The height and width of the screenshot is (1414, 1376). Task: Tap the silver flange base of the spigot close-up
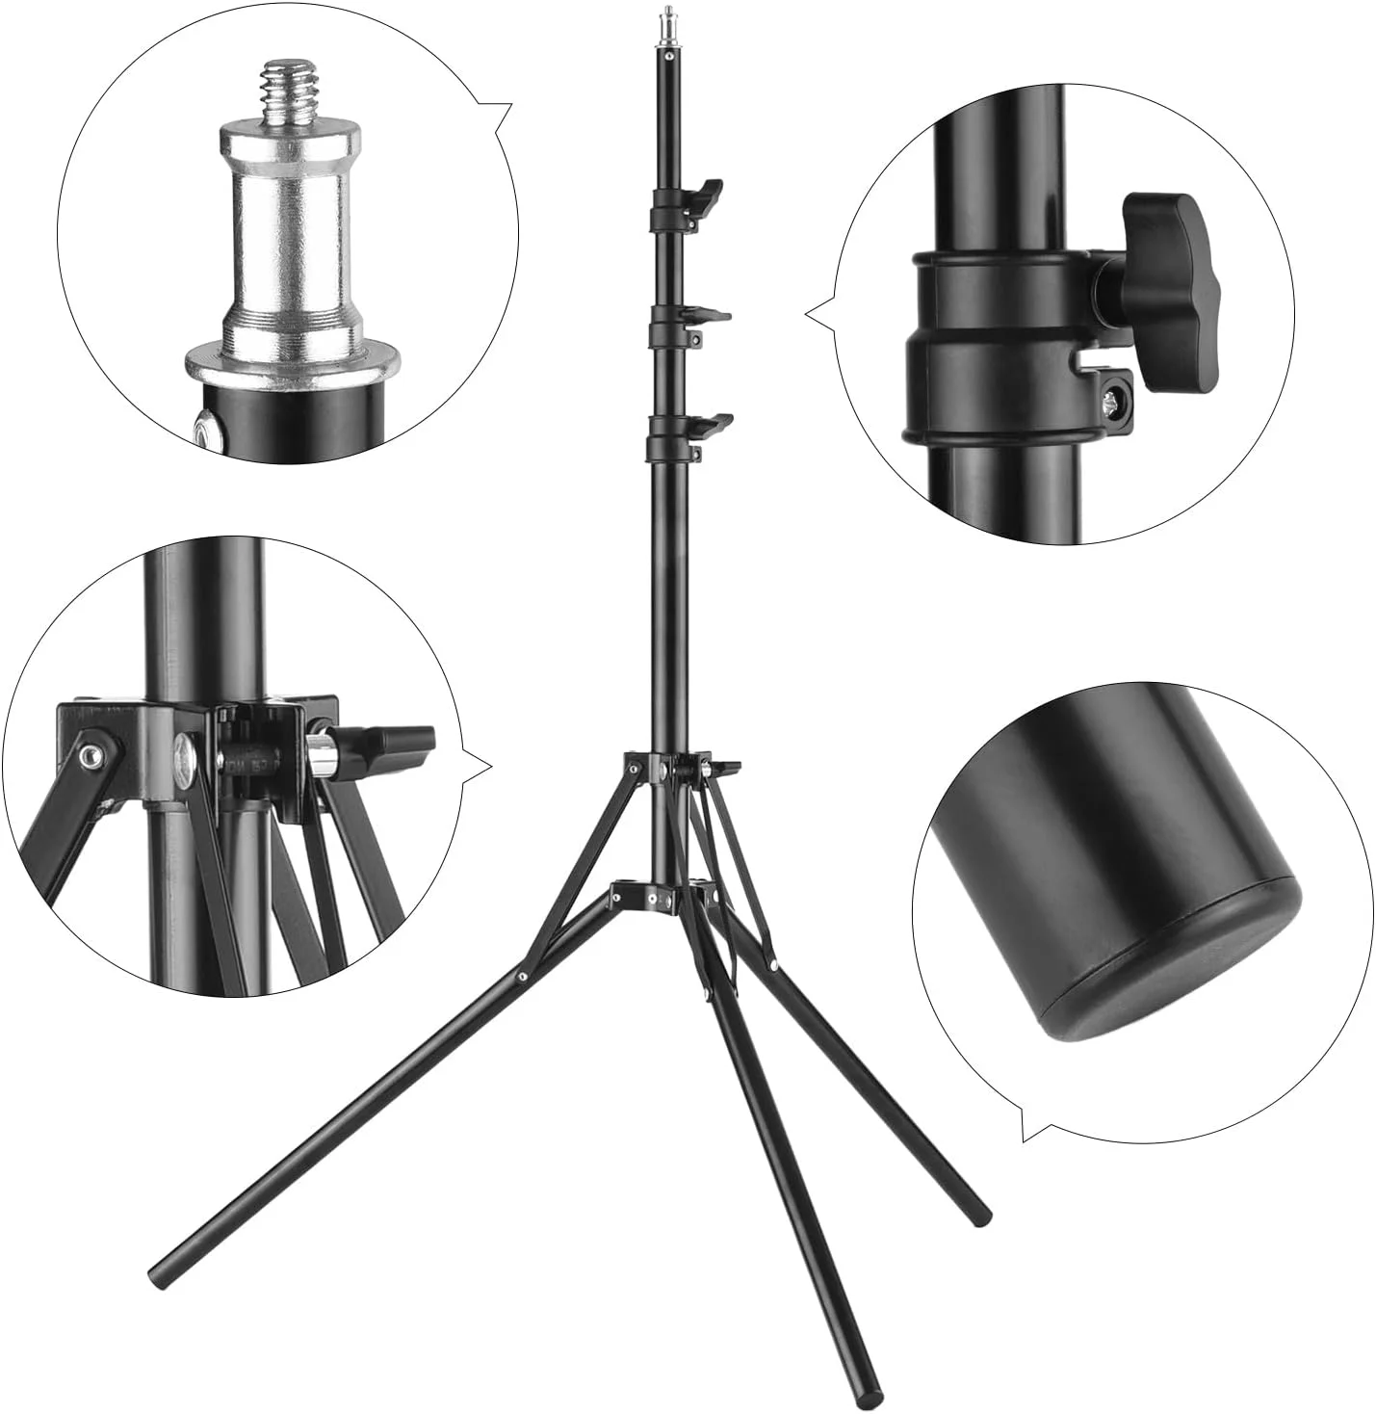click(294, 364)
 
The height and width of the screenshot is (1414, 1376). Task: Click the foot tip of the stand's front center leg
click(871, 1396)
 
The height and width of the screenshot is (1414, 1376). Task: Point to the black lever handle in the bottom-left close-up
click(397, 743)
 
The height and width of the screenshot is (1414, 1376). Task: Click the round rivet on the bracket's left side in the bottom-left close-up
click(91, 755)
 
